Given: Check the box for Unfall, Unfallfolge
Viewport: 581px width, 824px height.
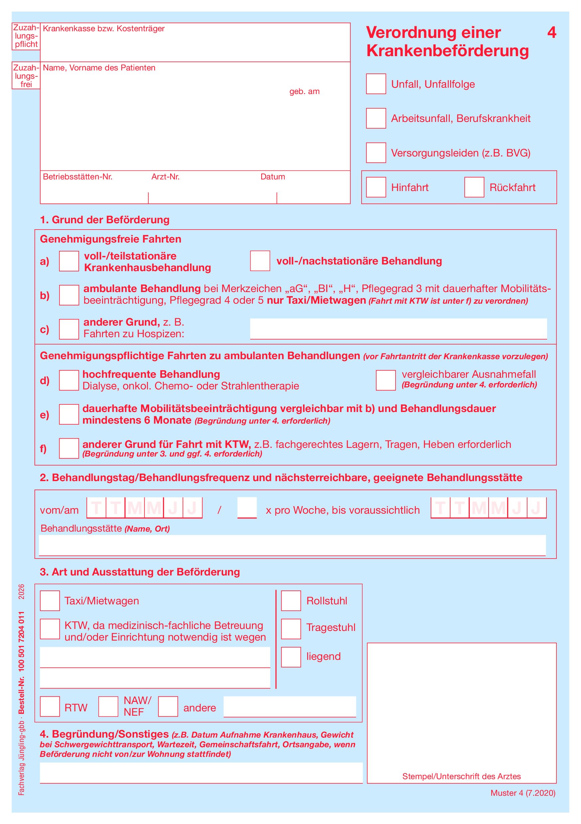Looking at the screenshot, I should point(376,84).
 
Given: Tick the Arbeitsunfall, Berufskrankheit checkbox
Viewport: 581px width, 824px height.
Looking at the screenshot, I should point(376,118).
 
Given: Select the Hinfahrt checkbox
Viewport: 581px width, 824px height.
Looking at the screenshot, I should point(376,187).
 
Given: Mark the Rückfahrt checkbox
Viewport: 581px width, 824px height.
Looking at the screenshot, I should point(474,187).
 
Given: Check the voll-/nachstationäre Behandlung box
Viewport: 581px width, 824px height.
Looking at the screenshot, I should point(260,261).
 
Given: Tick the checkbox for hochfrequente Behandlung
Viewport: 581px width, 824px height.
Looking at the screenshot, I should point(69,380).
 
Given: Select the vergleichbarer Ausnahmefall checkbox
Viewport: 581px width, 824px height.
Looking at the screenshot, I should point(385,380).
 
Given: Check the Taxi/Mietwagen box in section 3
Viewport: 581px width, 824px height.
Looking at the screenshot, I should point(50,601).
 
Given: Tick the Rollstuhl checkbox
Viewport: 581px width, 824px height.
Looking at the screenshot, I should point(291,601).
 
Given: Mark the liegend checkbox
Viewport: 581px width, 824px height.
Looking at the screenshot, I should point(291,657).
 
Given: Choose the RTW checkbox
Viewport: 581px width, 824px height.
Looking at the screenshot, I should point(50,707).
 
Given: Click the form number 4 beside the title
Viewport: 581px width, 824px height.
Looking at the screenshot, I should point(551,33).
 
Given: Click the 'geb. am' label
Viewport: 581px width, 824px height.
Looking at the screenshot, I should point(304,91).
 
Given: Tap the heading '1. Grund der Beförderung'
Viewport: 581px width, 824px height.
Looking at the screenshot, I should point(104,220).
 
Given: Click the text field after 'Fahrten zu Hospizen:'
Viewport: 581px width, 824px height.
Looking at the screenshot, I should point(398,329).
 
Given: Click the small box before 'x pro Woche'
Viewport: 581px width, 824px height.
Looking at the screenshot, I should point(247,508).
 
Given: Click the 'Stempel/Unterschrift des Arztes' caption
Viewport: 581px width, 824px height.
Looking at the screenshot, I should point(461,776).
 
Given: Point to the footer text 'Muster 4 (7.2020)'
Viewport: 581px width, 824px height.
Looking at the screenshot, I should point(523,793).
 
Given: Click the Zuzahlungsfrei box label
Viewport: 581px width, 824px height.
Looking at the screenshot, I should point(26,76).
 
